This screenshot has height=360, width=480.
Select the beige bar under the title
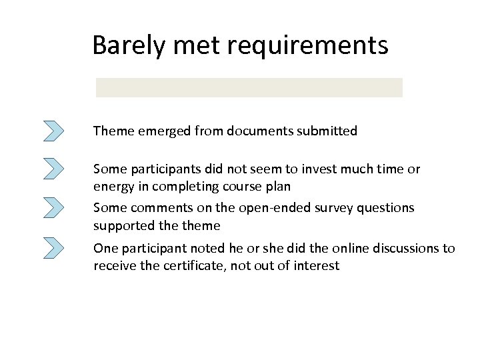pos(249,87)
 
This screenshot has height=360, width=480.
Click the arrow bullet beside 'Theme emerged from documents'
pos(53,131)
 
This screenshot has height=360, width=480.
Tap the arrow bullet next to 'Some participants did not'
pos(53,168)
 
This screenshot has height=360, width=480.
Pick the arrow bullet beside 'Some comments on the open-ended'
pos(53,207)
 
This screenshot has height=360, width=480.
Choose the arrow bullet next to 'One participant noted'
pos(53,248)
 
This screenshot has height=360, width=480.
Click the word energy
pos(113,187)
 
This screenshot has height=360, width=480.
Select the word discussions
pos(397,249)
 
